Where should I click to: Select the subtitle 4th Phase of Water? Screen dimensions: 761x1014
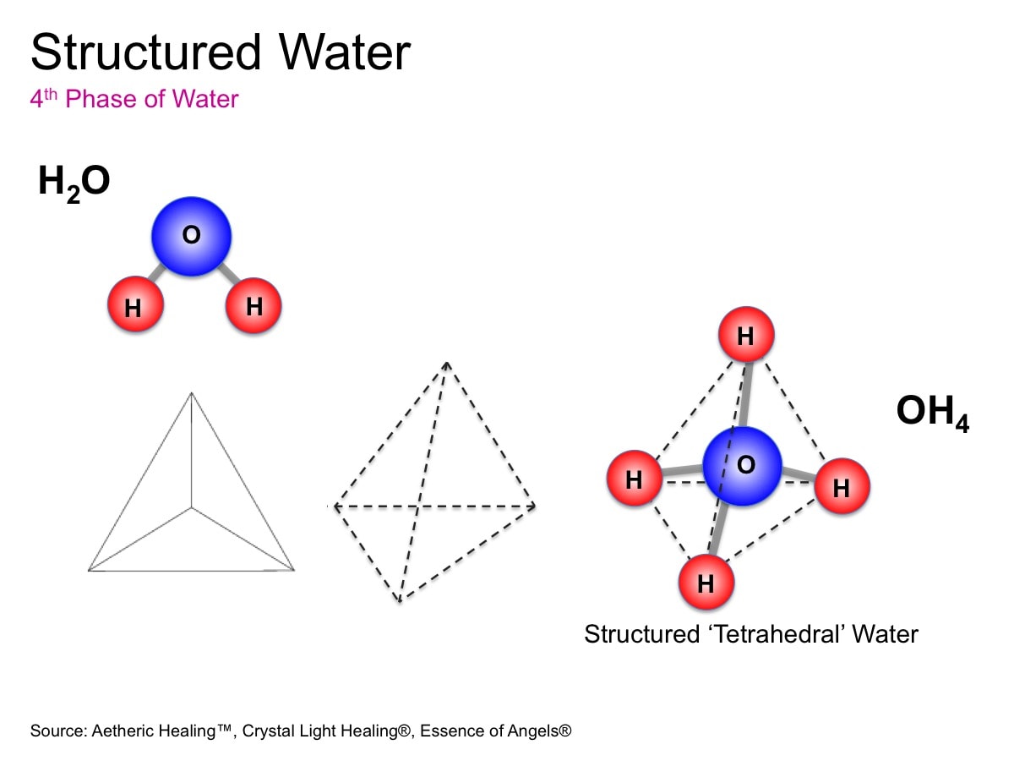pos(134,99)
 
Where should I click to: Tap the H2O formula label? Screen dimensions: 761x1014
pos(74,183)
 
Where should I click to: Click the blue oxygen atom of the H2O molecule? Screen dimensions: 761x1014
pos(192,236)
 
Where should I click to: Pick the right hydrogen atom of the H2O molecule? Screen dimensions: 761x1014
pos(253,306)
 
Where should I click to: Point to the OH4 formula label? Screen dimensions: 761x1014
pos(932,413)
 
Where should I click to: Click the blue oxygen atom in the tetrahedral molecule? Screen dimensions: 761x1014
pos(743,466)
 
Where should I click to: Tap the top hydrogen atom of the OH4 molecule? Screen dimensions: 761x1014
pos(745,336)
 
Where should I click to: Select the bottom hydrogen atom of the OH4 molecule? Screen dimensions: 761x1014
pos(706,583)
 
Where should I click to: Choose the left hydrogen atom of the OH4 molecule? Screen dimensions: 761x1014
pos(634,480)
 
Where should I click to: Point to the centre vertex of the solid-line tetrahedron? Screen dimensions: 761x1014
pos(192,508)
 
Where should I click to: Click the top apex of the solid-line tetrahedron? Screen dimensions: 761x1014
pos(192,392)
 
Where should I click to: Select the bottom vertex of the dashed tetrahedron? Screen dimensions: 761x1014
pos(399,602)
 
